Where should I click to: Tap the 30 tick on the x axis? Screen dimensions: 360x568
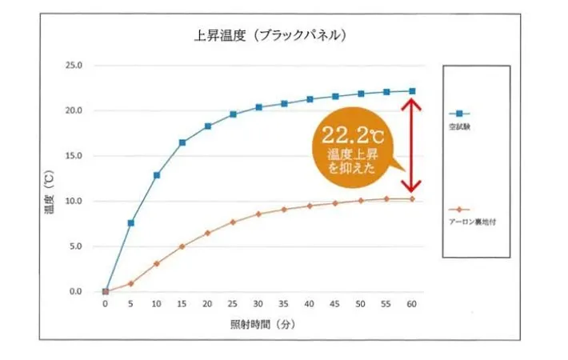(x=258, y=304)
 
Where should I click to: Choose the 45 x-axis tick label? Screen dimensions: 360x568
(x=335, y=304)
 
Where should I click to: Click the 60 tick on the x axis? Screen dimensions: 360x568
(x=412, y=304)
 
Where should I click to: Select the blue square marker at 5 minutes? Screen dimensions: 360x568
(x=131, y=222)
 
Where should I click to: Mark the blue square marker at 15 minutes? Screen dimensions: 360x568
(x=182, y=142)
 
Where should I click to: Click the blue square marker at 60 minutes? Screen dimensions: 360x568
(x=412, y=91)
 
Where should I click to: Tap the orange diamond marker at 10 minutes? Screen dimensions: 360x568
(x=157, y=263)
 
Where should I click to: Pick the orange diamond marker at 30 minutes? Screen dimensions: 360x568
(x=258, y=214)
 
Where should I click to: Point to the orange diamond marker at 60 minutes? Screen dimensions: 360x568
(x=412, y=198)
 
